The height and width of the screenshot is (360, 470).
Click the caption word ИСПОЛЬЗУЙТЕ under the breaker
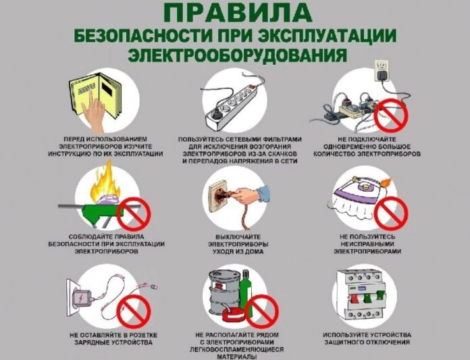tap(345, 335)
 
